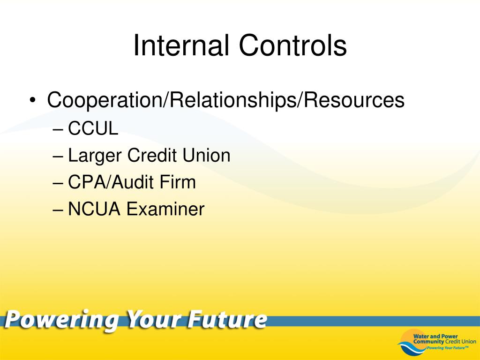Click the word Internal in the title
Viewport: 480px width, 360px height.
181,45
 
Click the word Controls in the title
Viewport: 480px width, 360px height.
292,45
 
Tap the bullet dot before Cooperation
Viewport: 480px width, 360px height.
32,100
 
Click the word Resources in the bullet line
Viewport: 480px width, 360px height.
353,100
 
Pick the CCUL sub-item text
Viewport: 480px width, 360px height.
93,128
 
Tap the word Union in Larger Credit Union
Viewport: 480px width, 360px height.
206,155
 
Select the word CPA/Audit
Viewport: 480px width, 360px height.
110,182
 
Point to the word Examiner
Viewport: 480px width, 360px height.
165,209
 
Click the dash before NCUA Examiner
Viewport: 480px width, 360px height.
58,210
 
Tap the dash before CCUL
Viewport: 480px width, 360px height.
58,129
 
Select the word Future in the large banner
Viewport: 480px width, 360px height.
227,320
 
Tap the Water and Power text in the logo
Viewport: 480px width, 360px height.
435,337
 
